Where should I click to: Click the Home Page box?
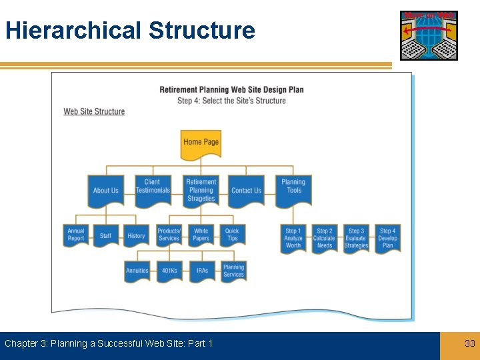point(201,143)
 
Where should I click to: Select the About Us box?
point(105,191)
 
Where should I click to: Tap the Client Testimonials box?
point(153,189)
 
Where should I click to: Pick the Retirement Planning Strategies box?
point(201,190)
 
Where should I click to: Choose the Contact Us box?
point(246,191)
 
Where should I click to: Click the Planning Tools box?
point(293,189)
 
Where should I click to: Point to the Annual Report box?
point(76,235)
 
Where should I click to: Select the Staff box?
point(105,235)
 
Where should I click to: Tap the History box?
point(136,235)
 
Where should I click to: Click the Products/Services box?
point(169,235)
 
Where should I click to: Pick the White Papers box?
point(201,235)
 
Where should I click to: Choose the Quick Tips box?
point(232,235)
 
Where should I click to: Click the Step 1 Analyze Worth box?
point(293,238)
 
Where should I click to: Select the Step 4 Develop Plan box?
point(387,238)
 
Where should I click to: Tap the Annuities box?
point(137,271)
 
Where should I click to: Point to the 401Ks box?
point(169,271)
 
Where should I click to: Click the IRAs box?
point(202,271)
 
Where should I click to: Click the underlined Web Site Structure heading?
point(94,111)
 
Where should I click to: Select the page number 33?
point(470,343)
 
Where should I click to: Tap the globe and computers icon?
point(429,35)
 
